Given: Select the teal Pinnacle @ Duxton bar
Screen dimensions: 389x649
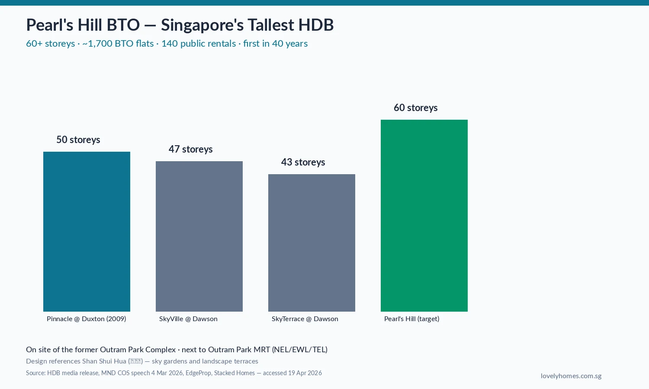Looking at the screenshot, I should pyautogui.click(x=87, y=231).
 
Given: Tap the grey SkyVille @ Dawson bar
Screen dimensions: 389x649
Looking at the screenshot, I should pyautogui.click(x=199, y=236).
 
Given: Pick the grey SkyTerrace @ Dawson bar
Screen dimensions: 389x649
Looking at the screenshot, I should pyautogui.click(x=312, y=242).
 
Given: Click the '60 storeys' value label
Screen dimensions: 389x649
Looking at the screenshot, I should pyautogui.click(x=415, y=108).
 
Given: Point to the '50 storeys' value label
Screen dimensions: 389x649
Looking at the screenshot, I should pyautogui.click(x=78, y=140).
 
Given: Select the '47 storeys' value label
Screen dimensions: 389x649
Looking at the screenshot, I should pyautogui.click(x=190, y=149).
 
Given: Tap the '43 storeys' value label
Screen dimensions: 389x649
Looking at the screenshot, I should pyautogui.click(x=303, y=162).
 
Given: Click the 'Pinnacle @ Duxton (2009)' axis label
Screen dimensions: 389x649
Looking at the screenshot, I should pyautogui.click(x=86, y=319).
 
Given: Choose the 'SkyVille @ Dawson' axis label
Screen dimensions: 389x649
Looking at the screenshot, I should pyautogui.click(x=188, y=319).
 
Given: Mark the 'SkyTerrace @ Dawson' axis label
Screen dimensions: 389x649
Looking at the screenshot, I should pyautogui.click(x=305, y=319).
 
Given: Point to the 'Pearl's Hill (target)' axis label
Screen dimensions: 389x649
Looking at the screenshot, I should pyautogui.click(x=411, y=319).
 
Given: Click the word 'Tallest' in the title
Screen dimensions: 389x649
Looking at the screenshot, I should pyautogui.click(x=269, y=25).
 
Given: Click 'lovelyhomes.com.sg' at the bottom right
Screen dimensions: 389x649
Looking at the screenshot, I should pyautogui.click(x=571, y=376).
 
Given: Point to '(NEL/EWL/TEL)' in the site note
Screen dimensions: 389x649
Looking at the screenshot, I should pyautogui.click(x=299, y=350).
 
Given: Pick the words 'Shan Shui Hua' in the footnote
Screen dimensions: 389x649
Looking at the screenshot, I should pyautogui.click(x=104, y=361).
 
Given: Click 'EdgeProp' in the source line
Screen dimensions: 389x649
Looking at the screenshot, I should pyautogui.click(x=198, y=373).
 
